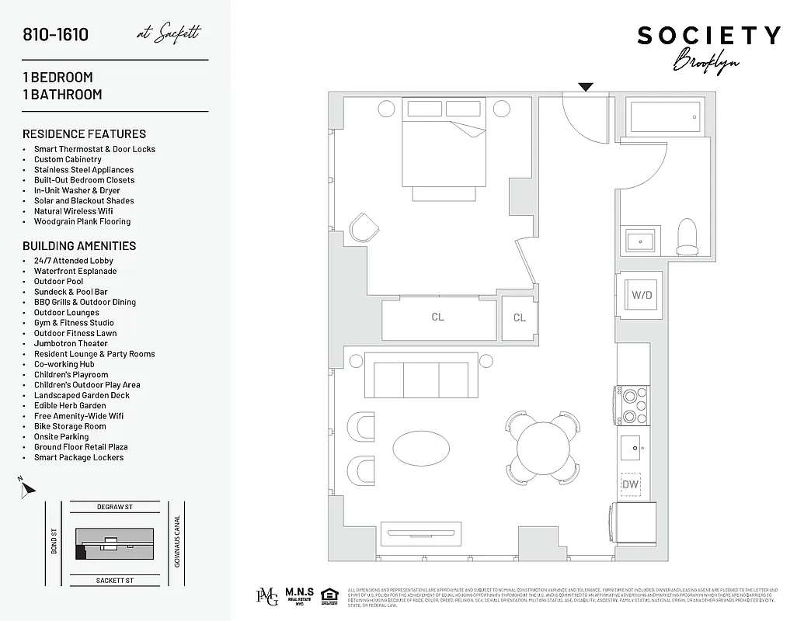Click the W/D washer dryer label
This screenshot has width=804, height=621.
click(x=641, y=295)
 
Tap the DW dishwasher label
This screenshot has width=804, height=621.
click(x=631, y=484)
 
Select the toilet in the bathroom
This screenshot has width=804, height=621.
click(x=687, y=237)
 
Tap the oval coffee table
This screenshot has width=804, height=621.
click(x=420, y=448)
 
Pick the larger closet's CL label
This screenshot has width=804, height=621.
click(x=438, y=317)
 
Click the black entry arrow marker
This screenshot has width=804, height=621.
click(x=586, y=87)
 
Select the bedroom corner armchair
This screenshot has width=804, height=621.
click(x=364, y=227)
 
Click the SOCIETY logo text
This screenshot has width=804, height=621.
click(x=708, y=36)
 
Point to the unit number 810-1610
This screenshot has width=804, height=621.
click(x=55, y=34)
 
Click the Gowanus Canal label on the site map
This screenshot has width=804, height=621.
click(x=177, y=541)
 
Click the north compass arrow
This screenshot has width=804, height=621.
click(x=27, y=488)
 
